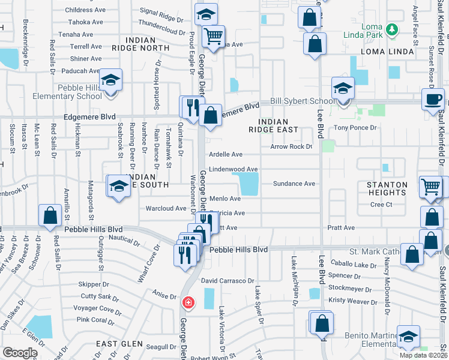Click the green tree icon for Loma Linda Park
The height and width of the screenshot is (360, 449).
click(x=392, y=29)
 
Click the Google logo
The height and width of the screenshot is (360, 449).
click(x=20, y=353)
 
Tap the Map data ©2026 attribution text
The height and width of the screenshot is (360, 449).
click(x=423, y=355)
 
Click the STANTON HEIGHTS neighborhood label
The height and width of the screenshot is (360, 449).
click(x=387, y=188)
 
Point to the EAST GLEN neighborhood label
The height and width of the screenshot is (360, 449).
click(x=120, y=344)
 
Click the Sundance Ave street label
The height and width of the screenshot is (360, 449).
click(x=294, y=184)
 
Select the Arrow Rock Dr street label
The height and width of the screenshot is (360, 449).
click(x=291, y=146)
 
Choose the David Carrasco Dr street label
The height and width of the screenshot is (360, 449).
click(x=228, y=280)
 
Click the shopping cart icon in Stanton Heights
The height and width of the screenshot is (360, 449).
click(x=432, y=187)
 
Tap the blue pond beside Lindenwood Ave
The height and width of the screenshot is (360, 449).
click(x=249, y=184)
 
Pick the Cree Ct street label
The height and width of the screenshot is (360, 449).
click(x=381, y=205)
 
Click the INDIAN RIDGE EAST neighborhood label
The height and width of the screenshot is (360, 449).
click(x=274, y=125)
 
